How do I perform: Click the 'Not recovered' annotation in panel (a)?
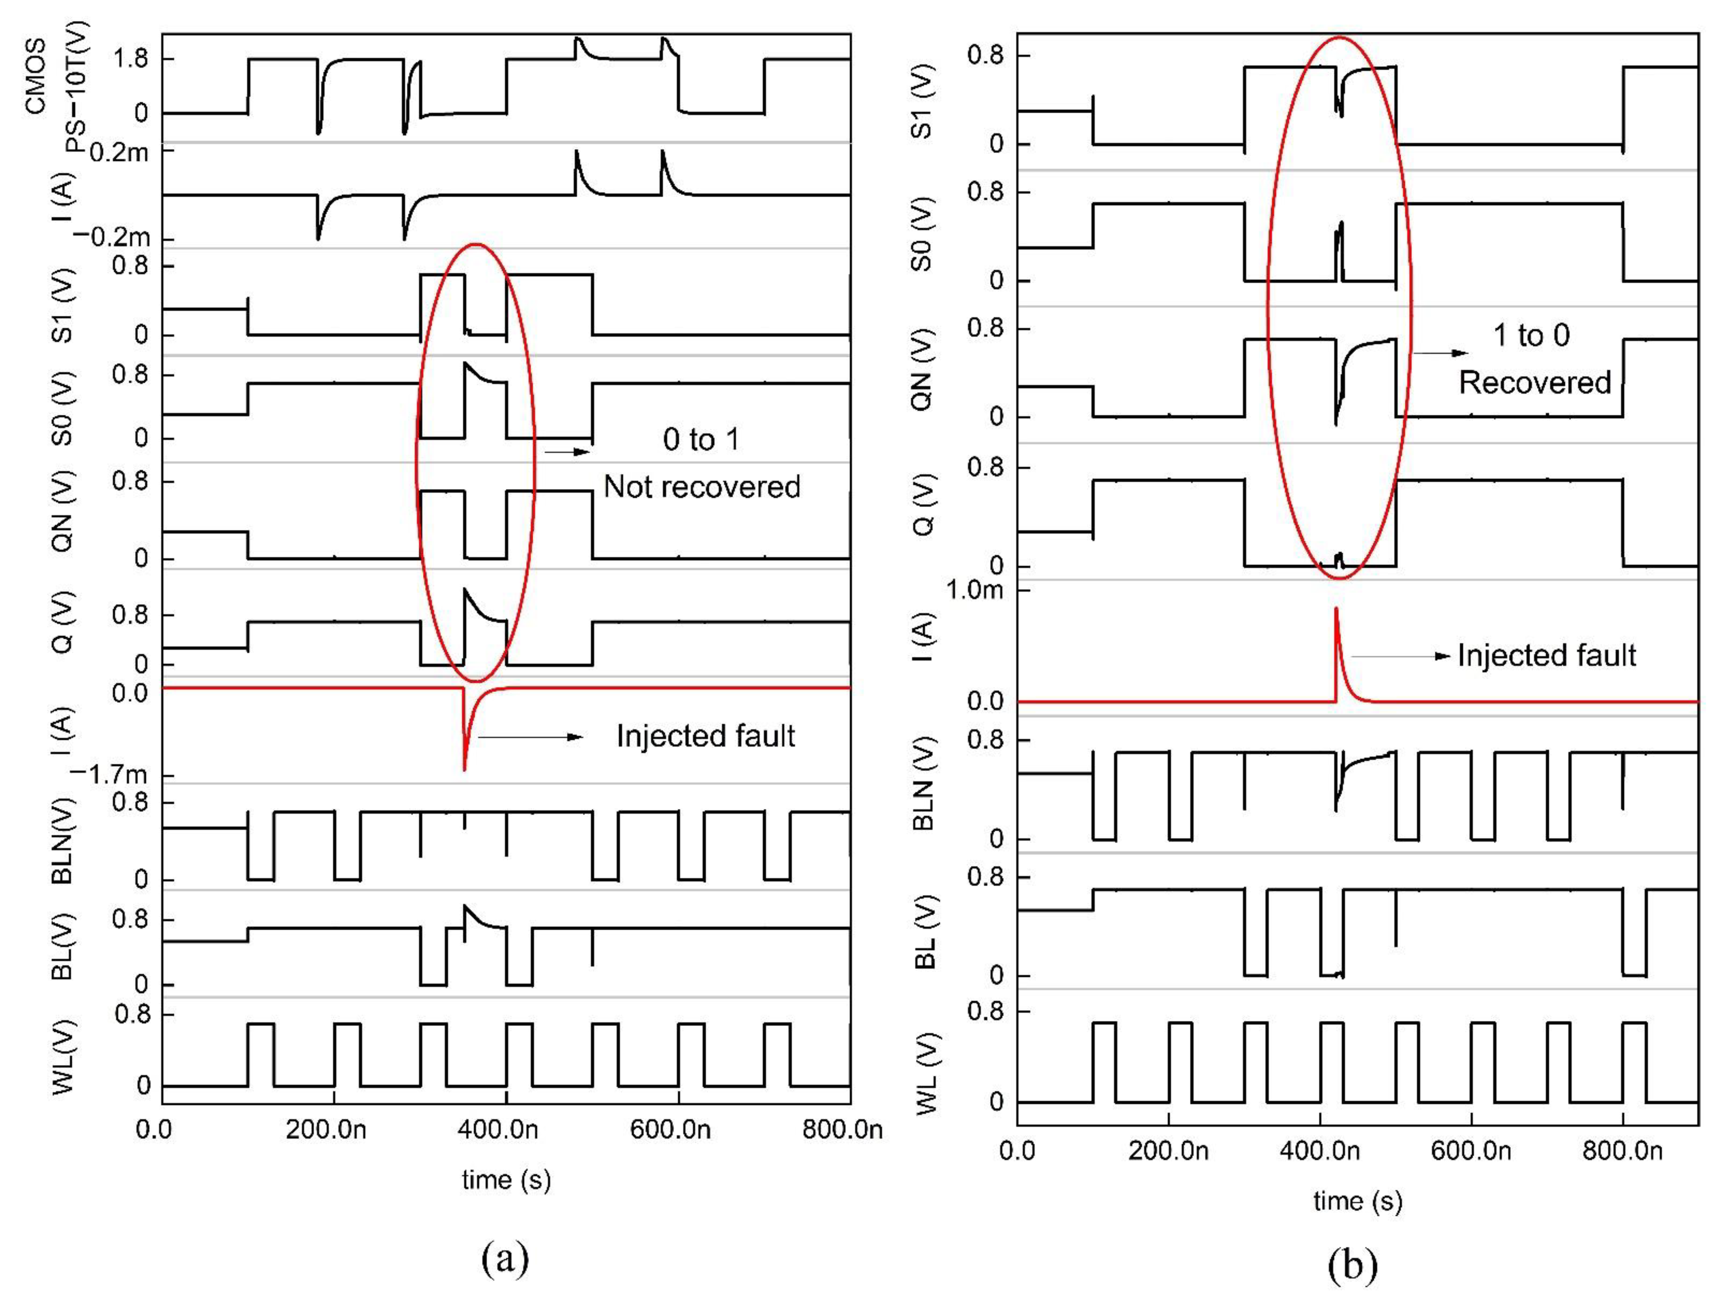(702, 487)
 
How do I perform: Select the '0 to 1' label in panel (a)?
(701, 440)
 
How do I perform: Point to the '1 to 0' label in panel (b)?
(1531, 335)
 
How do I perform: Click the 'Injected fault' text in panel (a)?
(706, 736)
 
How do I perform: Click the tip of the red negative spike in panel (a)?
(465, 770)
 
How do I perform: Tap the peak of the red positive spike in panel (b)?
(1336, 609)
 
